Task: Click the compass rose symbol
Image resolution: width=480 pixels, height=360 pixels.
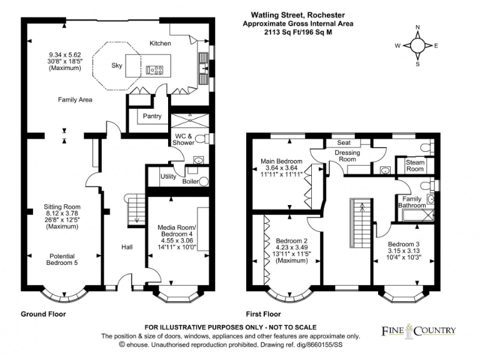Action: click(418, 46)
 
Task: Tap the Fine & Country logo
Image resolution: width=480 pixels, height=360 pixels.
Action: click(418, 330)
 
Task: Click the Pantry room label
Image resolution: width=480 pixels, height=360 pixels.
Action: click(152, 116)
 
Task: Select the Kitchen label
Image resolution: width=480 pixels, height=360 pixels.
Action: click(160, 43)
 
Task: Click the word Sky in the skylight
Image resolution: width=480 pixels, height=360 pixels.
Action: click(117, 65)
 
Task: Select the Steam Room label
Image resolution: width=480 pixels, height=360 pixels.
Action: click(415, 166)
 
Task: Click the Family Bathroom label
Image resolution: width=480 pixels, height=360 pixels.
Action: click(413, 201)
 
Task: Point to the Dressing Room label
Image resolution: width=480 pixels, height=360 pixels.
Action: click(347, 156)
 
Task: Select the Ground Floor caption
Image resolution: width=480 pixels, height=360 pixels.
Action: click(43, 314)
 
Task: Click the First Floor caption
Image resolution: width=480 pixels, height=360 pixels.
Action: click(264, 314)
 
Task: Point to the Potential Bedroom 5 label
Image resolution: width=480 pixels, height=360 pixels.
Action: click(61, 259)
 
